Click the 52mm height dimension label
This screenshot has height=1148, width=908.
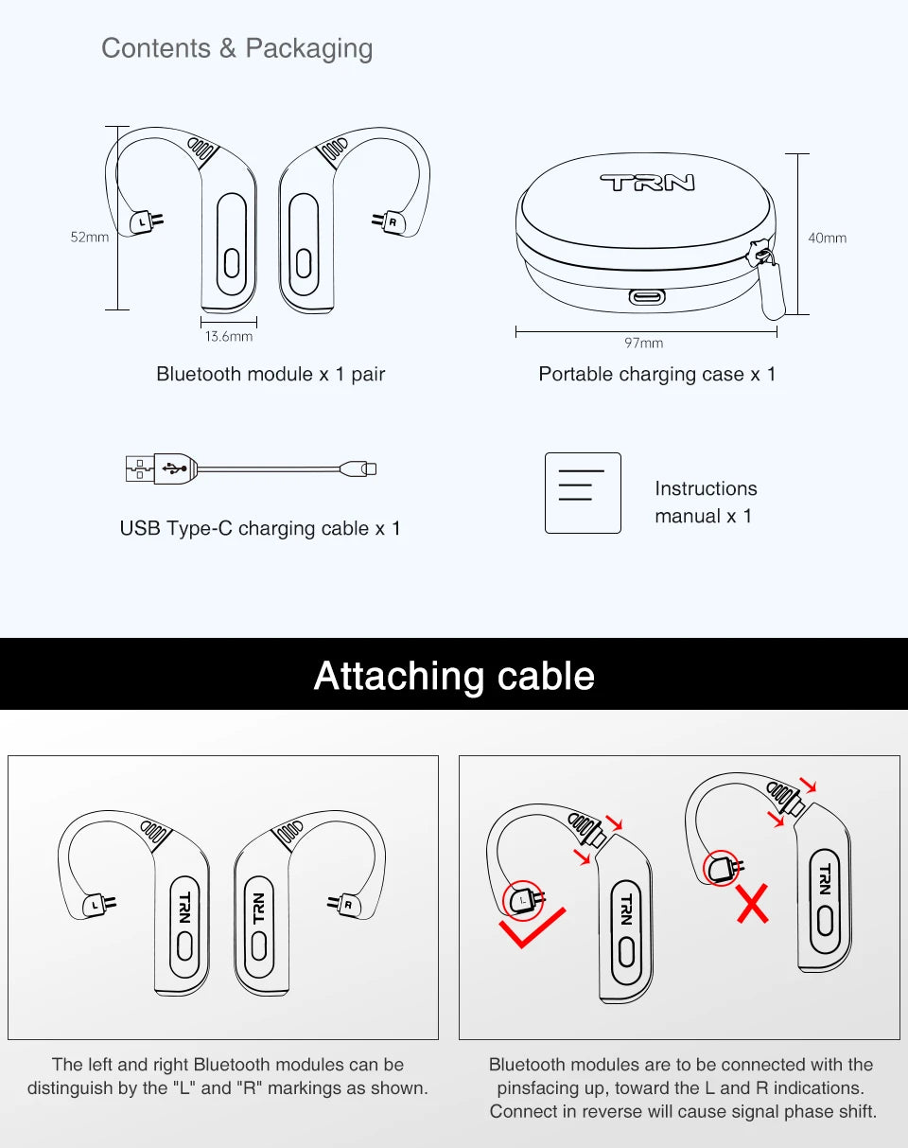(x=90, y=238)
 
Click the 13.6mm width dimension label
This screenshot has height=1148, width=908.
(x=229, y=336)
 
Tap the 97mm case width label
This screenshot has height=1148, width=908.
(x=644, y=343)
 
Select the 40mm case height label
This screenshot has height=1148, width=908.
(x=827, y=238)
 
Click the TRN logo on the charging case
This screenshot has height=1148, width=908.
(x=646, y=183)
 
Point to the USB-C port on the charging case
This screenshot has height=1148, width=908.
(x=647, y=297)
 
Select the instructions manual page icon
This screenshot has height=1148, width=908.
(x=583, y=493)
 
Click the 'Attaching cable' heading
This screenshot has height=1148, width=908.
(x=454, y=676)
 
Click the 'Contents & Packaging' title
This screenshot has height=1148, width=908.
(x=236, y=48)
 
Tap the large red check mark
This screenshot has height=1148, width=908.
(x=533, y=928)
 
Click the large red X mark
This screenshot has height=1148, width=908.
(x=753, y=905)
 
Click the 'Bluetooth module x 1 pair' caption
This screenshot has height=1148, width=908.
(x=271, y=374)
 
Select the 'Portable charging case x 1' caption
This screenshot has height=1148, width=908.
(x=657, y=374)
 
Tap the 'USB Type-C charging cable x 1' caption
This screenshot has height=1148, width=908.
(x=260, y=528)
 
